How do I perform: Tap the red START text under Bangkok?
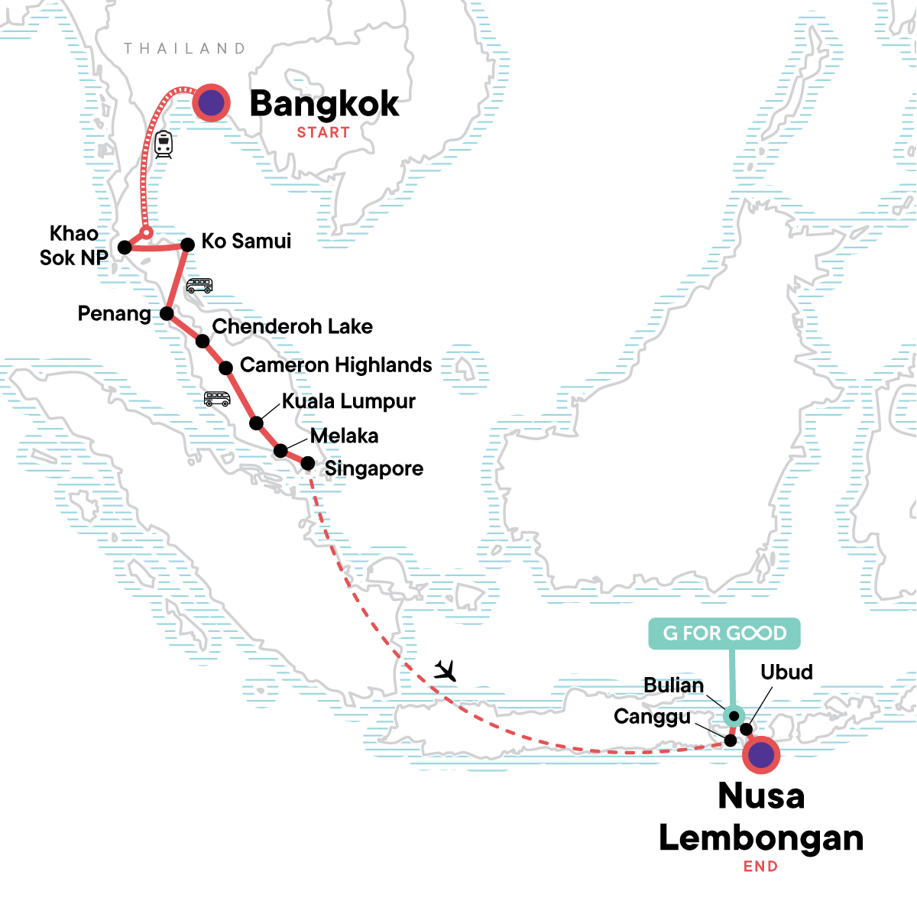pos(323,132)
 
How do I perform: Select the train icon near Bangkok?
pos(163,144)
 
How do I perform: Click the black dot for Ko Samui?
pos(186,245)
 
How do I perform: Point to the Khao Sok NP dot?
pos(125,247)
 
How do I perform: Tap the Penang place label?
pos(114,313)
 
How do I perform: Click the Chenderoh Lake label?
pos(292,326)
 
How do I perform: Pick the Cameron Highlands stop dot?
pos(226,368)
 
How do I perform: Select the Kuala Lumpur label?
pos(348,401)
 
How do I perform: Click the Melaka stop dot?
pos(280,450)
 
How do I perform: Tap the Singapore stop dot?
pos(307,463)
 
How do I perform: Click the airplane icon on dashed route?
pos(445,671)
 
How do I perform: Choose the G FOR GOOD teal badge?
pos(724,633)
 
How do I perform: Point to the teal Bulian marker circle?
pos(733,716)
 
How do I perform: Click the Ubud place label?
pos(786,672)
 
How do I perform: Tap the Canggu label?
pos(652,717)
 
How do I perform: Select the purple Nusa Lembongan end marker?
pos(760,755)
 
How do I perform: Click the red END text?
pos(760,866)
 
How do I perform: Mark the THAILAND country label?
pos(184,48)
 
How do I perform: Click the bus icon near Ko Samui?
pos(199,286)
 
